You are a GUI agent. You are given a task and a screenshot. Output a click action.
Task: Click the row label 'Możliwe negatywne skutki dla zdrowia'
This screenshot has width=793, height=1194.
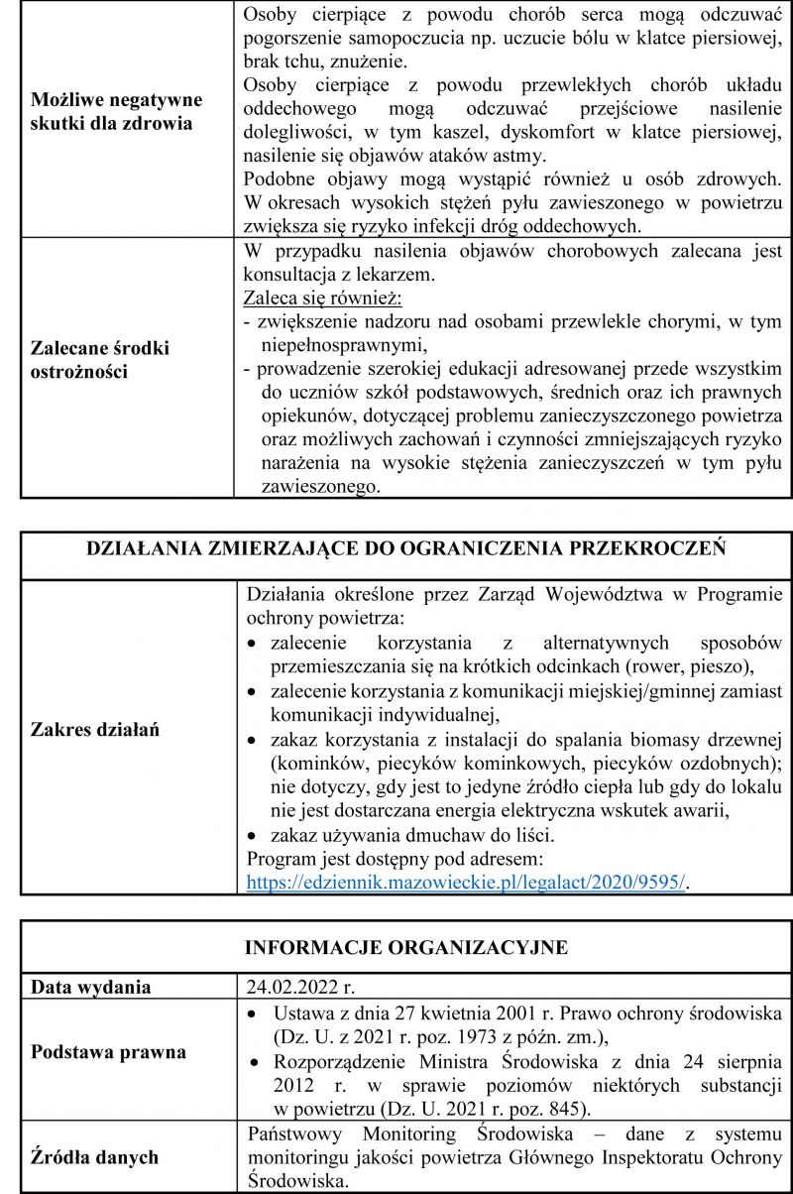(x=117, y=114)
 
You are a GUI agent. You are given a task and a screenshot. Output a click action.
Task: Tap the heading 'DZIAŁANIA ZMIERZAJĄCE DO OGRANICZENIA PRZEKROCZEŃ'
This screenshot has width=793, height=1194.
(x=407, y=548)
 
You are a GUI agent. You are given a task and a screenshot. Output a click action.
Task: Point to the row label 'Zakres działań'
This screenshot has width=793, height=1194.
(x=96, y=729)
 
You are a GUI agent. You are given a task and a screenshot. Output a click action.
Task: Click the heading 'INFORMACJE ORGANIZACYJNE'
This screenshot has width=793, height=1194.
(x=406, y=946)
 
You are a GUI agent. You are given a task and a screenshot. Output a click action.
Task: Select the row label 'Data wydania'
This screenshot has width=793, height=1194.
(x=91, y=988)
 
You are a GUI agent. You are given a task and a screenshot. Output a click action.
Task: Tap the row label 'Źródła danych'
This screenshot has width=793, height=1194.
(x=94, y=1157)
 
